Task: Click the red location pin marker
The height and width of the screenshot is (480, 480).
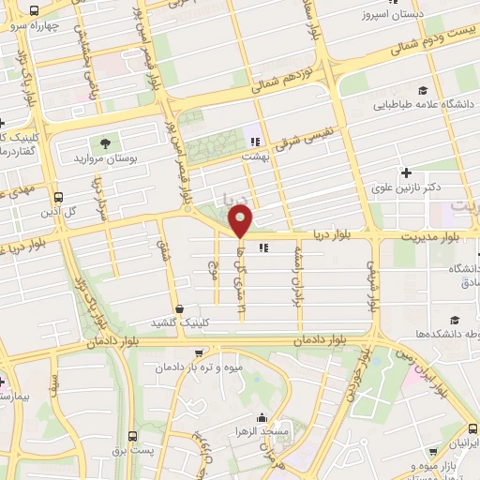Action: click(241, 221)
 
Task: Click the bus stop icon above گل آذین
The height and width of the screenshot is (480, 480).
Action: click(59, 198)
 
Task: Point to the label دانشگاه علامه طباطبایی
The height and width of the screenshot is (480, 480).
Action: click(413, 106)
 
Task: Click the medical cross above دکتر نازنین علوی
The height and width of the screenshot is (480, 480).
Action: click(406, 172)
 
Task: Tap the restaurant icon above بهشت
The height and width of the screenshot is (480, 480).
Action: click(251, 142)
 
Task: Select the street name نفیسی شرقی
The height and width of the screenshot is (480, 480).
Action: click(296, 137)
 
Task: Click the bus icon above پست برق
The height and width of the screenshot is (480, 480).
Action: click(132, 436)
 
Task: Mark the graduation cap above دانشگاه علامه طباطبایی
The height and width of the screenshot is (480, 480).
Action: click(423, 91)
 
